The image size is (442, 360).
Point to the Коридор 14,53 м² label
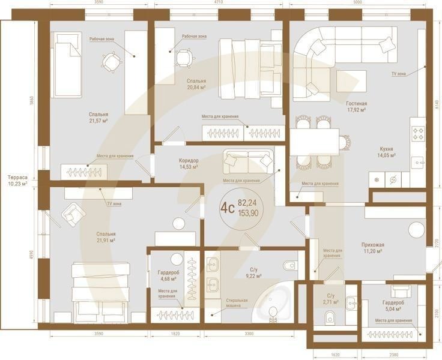point(189,164)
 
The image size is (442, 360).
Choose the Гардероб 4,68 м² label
point(168,275)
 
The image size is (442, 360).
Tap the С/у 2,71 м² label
point(330,298)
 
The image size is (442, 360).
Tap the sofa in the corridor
point(248,160)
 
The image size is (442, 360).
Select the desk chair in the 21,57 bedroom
point(110,61)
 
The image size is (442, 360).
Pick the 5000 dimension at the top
point(357,3)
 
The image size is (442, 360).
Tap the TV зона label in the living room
point(398,73)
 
